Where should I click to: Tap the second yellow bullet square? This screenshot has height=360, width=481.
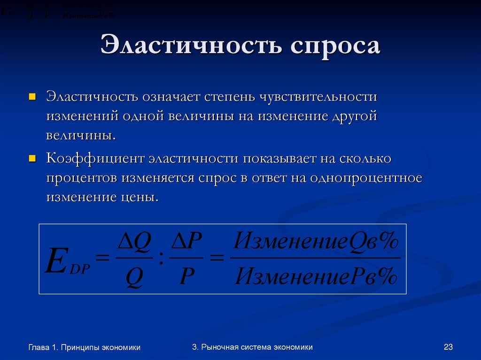coord(32,159)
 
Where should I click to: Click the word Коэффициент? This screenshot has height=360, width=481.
coord(94,159)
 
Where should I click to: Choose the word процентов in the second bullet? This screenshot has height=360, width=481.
coord(82,178)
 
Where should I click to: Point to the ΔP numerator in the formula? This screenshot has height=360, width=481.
coord(186,244)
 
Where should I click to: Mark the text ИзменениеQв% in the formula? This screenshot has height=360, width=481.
coord(316,243)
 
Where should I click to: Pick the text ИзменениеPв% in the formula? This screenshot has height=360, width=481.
coord(316,277)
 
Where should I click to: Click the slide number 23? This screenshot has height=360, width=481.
coord(448,347)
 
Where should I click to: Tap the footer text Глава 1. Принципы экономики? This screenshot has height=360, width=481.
coord(85,347)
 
